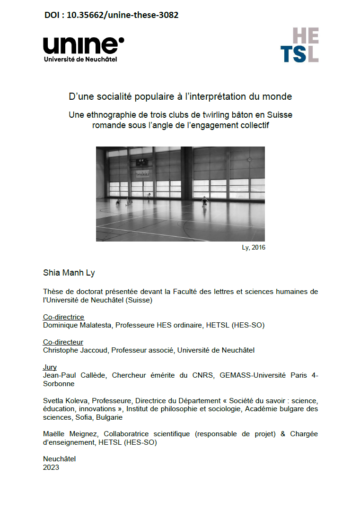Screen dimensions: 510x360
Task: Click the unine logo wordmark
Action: [x=83, y=45]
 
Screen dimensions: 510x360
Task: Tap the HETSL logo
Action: [x=299, y=45]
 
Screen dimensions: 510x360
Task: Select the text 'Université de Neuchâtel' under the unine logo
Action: [x=80, y=59]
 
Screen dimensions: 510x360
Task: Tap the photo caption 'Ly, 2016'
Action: [x=253, y=247]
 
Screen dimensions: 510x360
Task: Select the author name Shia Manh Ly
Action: [x=69, y=273]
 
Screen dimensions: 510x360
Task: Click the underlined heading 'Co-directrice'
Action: [x=63, y=317]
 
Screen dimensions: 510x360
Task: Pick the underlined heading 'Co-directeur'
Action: [x=63, y=342]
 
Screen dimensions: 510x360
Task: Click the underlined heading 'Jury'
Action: [x=50, y=367]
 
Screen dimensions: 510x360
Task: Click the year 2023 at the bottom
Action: [x=51, y=467]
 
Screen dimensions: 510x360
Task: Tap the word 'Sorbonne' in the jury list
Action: [x=59, y=384]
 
